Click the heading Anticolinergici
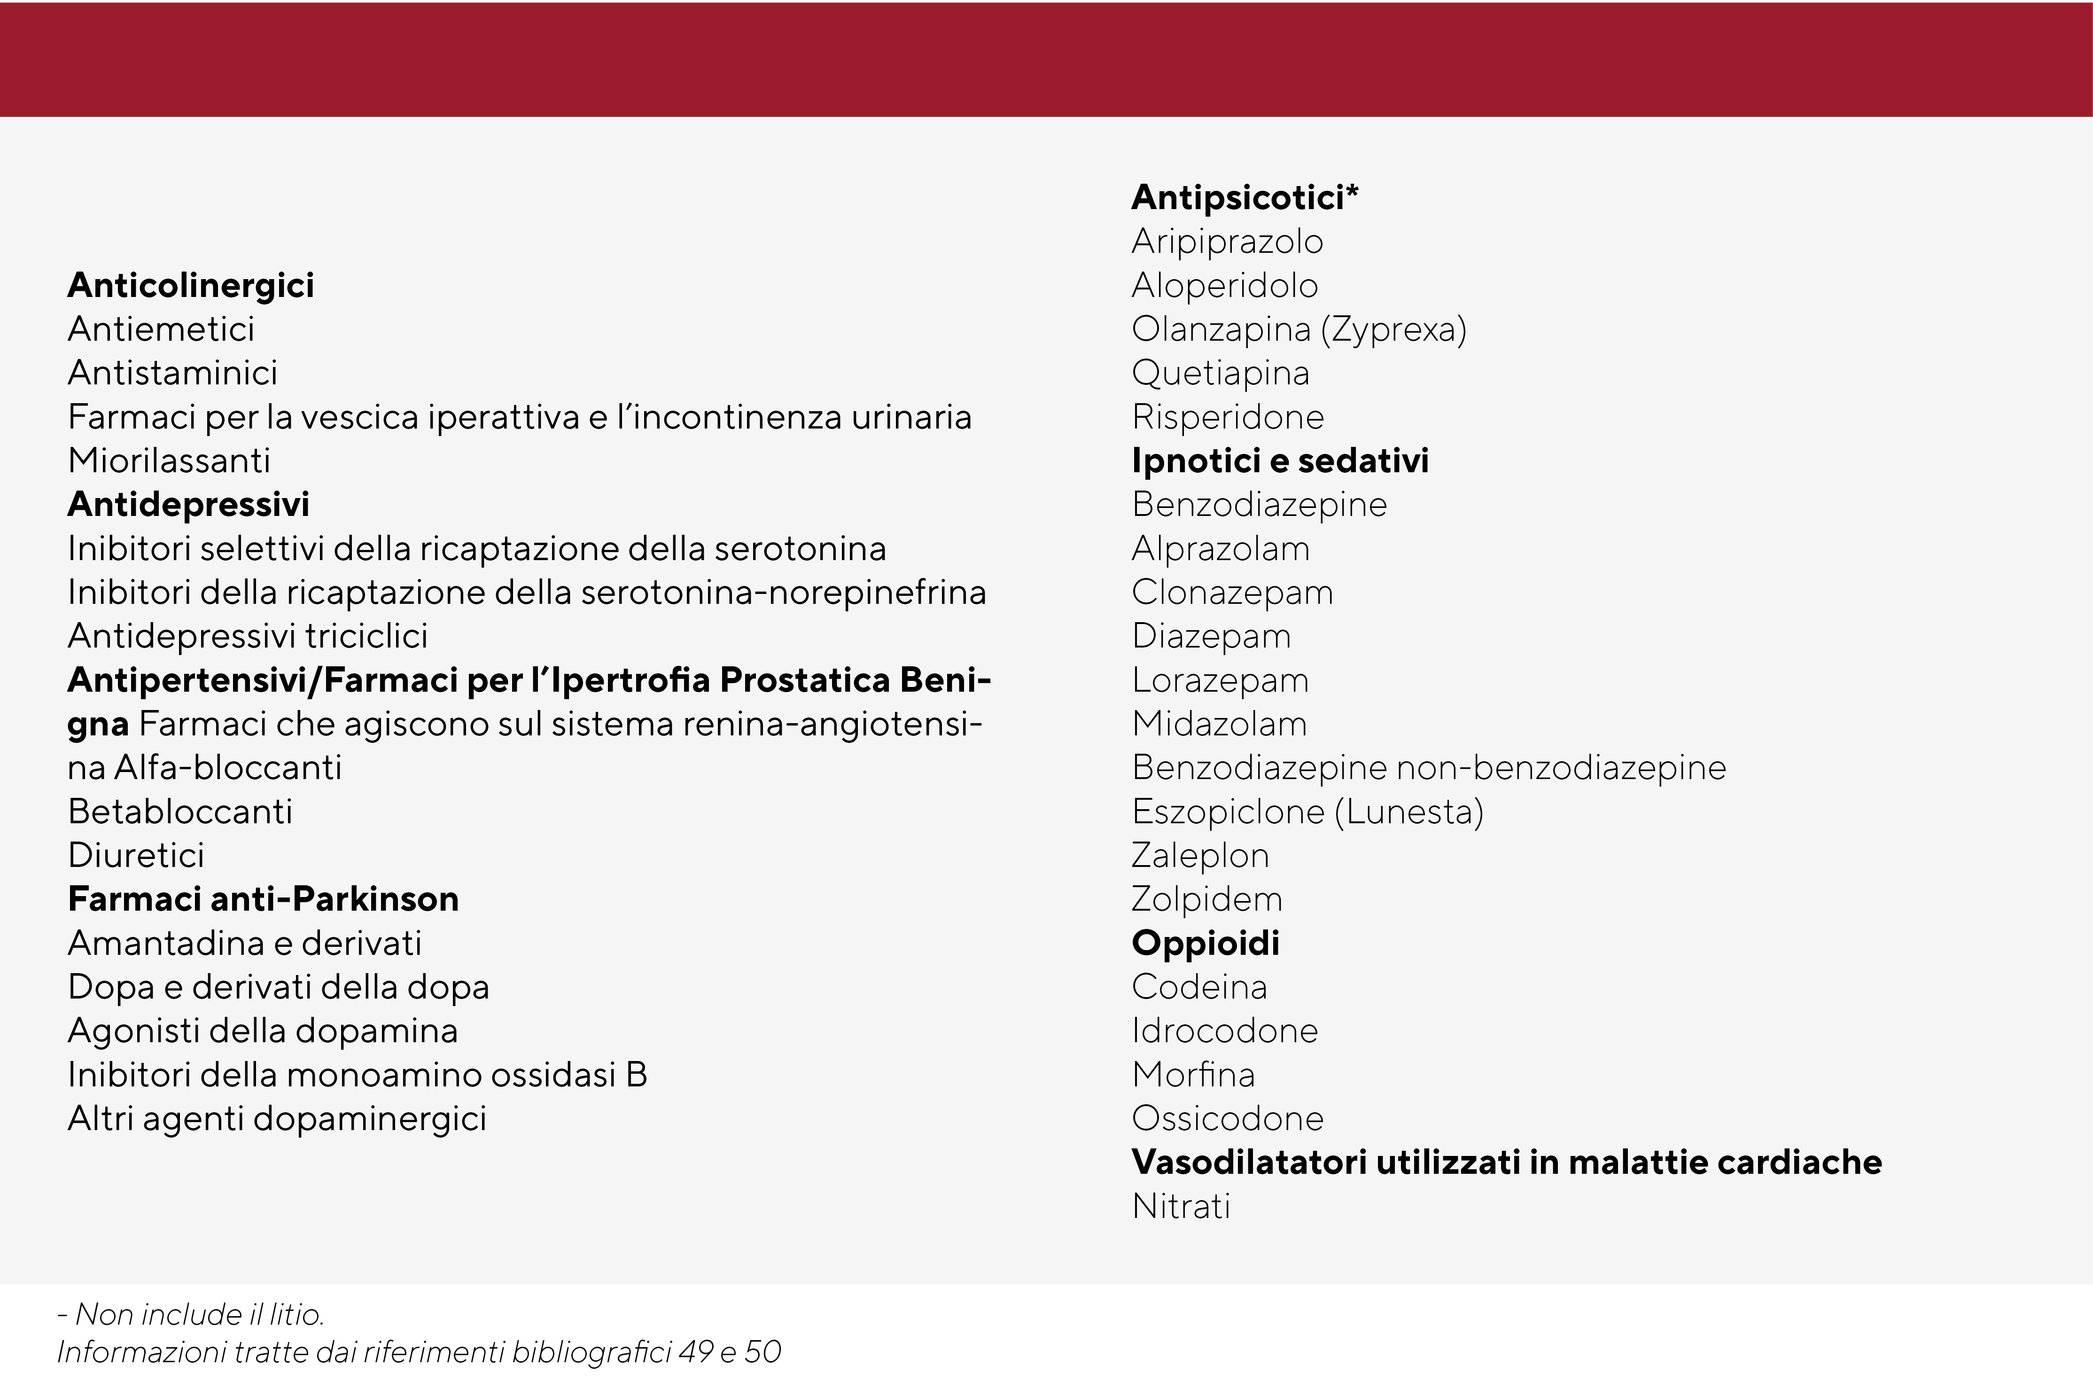coord(190,285)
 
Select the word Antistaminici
coord(173,373)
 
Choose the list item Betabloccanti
coord(180,812)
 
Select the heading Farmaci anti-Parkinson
coord(263,899)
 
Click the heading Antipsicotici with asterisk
coord(1245,197)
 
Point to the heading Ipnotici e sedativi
coord(1280,460)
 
